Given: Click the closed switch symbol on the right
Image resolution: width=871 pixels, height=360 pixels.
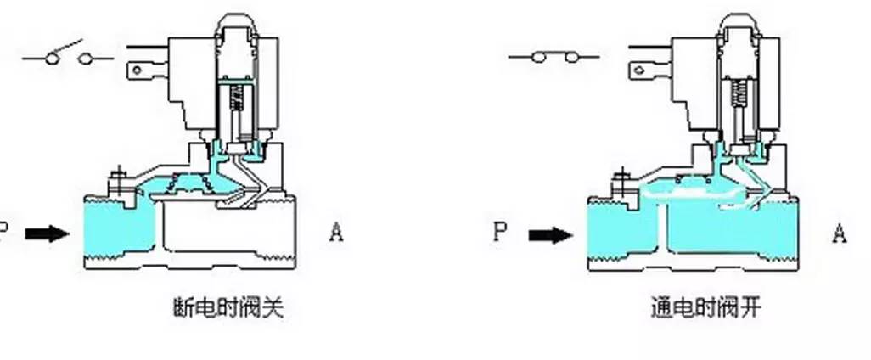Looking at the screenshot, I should [553, 58].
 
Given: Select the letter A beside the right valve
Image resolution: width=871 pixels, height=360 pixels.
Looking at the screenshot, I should [840, 232].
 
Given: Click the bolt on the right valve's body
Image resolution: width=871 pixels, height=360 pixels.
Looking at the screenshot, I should [618, 181].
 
